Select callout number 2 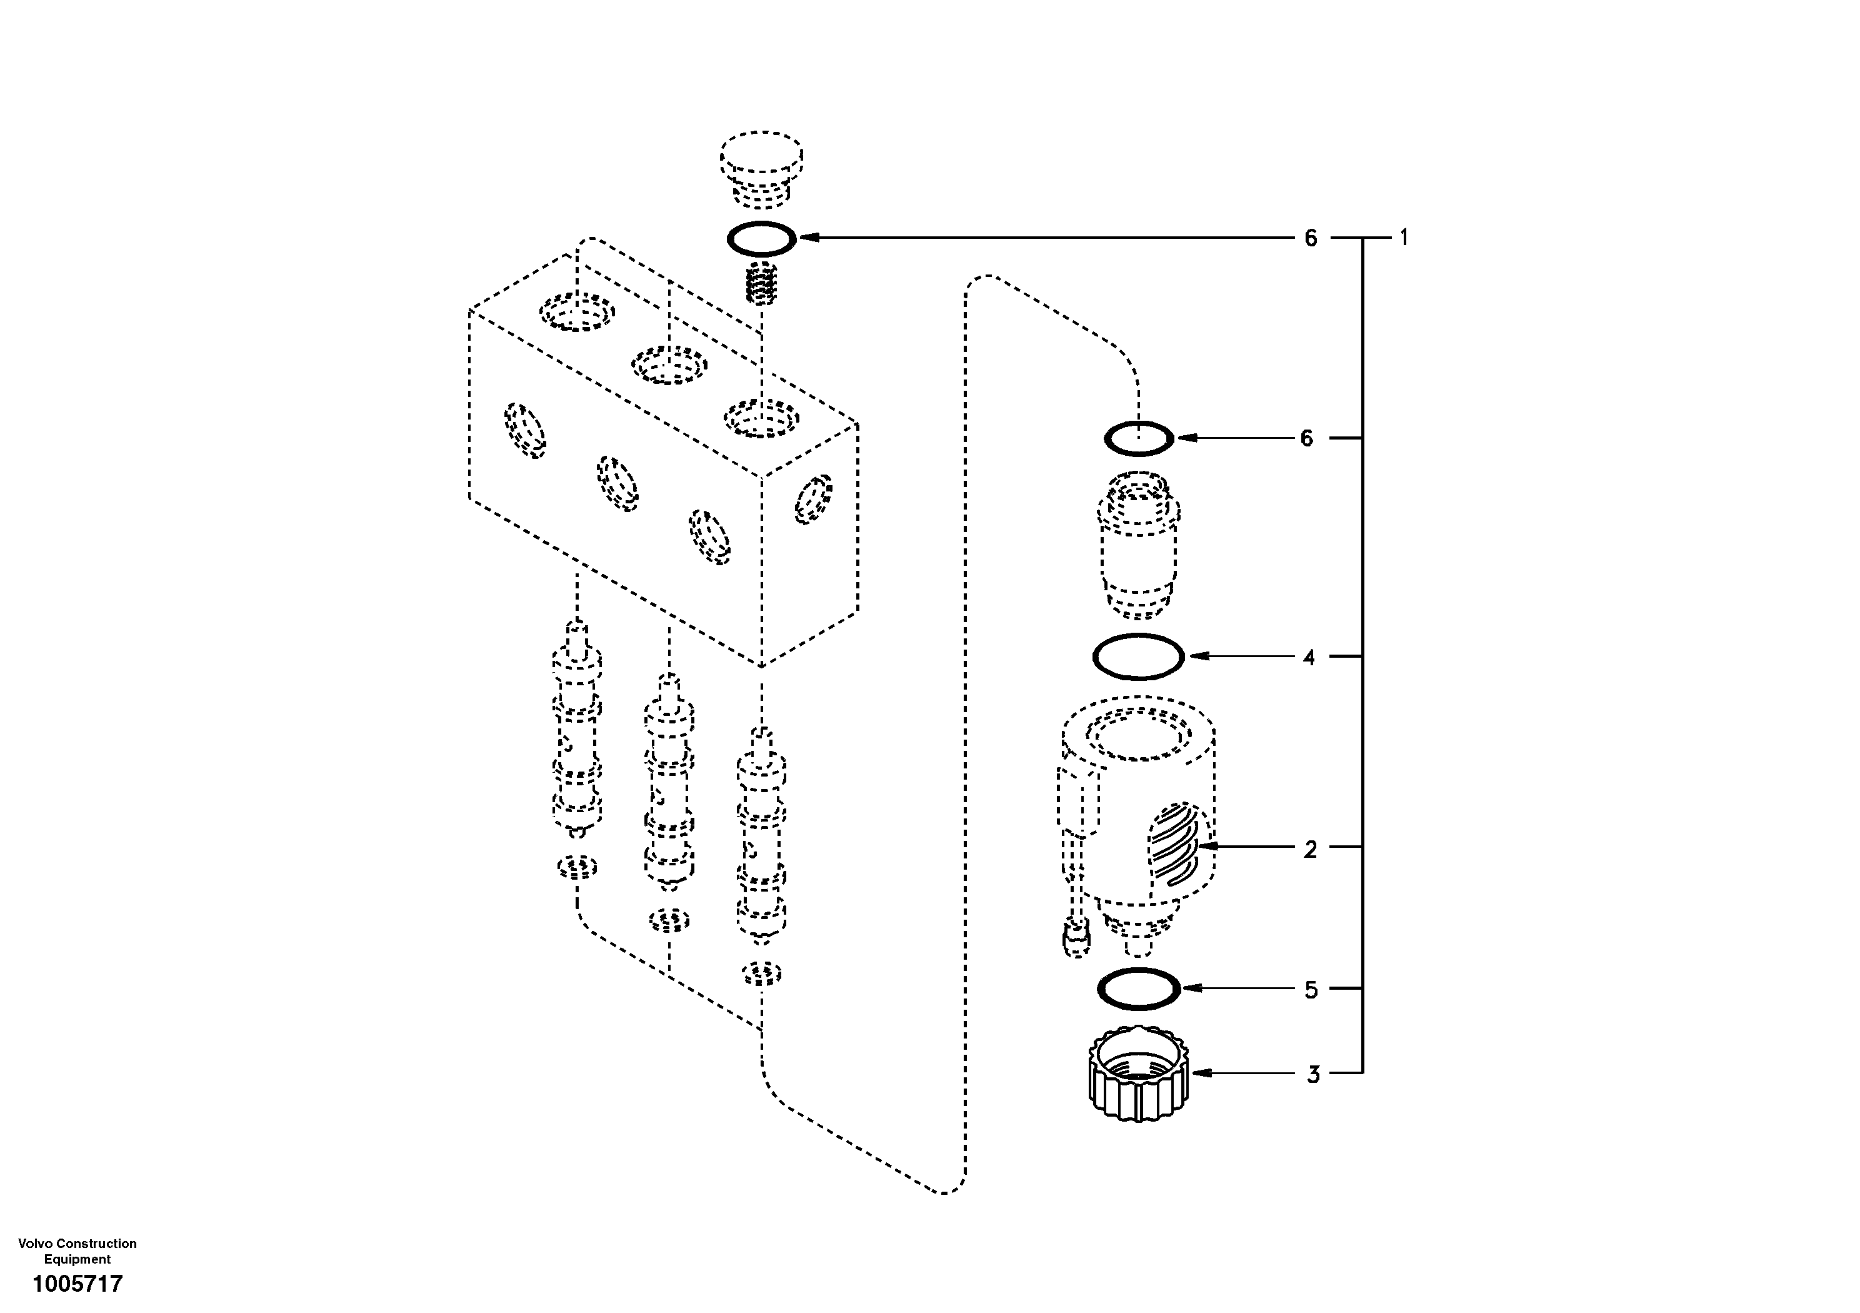pos(1310,850)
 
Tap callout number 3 pos(1312,1075)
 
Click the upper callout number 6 pos(1311,238)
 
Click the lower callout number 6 pos(1306,438)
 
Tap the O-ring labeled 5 pos(1138,989)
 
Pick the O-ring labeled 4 pos(1138,656)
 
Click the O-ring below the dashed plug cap pos(761,238)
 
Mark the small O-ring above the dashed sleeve pos(1138,438)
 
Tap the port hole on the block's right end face pos(813,498)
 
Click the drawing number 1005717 pos(77,1283)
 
